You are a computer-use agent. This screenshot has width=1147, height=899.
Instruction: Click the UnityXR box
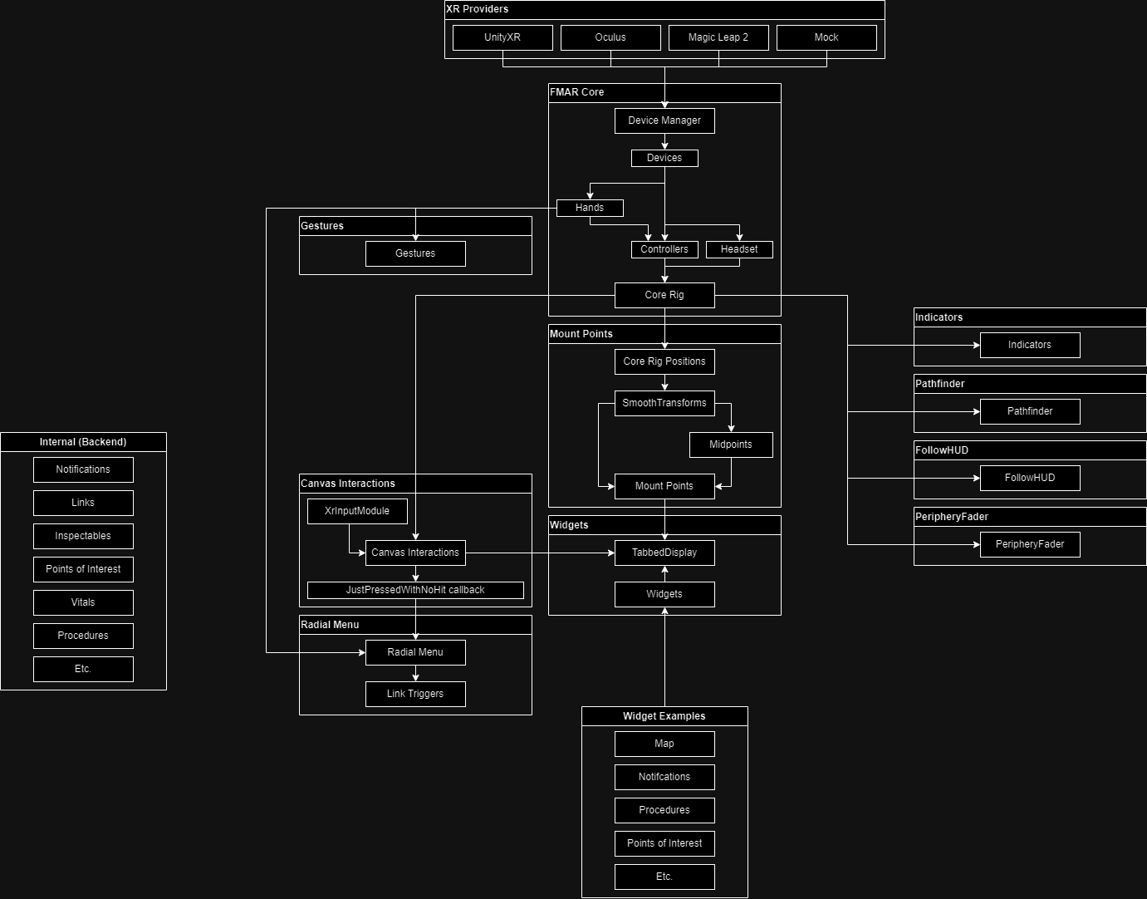[x=502, y=37]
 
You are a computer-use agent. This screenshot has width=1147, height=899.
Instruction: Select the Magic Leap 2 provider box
[x=718, y=37]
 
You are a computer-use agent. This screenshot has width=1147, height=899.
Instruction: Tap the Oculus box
[x=610, y=37]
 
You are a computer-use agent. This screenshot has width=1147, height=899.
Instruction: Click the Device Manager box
[x=664, y=120]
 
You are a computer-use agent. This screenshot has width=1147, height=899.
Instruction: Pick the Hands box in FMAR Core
[x=590, y=208]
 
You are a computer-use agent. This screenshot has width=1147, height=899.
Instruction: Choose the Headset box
[x=739, y=249]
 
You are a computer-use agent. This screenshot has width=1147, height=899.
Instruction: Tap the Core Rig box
[x=664, y=295]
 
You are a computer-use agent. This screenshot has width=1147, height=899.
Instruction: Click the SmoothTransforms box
[x=664, y=403]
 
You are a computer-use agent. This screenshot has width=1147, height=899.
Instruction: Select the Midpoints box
[x=731, y=445]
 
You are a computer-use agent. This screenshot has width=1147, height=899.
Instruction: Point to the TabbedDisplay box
[x=664, y=553]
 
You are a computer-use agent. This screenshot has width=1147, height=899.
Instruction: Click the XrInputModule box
[x=357, y=511]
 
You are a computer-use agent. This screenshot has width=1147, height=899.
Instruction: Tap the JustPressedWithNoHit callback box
[x=415, y=590]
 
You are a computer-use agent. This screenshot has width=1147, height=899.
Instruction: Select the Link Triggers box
[x=415, y=694]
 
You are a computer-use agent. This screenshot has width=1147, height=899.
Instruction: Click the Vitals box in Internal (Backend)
[x=83, y=602]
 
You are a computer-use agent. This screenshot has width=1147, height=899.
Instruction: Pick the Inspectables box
[x=83, y=536]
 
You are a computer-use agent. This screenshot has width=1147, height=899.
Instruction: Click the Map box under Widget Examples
[x=664, y=744]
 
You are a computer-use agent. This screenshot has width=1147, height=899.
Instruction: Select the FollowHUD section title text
[x=942, y=450]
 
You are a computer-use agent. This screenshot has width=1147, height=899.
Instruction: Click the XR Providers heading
[x=478, y=9]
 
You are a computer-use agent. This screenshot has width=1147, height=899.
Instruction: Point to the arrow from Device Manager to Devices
[x=664, y=142]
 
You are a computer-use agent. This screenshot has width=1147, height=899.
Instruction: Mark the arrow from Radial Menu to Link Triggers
[x=415, y=674]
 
